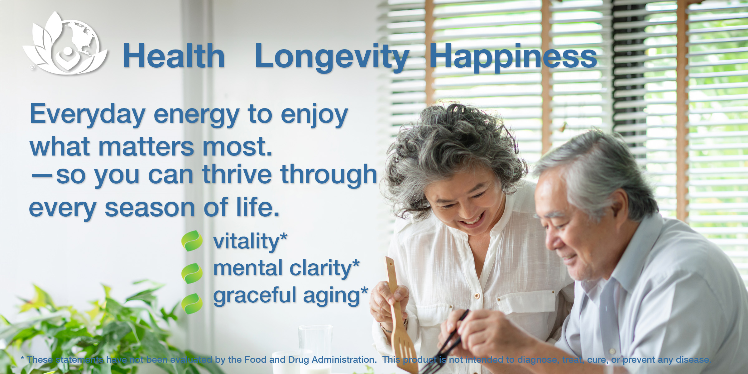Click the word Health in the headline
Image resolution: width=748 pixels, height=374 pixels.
[174, 56]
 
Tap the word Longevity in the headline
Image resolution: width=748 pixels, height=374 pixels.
[332, 58]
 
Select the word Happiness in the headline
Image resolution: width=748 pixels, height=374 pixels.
[513, 58]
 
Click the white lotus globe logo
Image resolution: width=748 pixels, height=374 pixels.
[65, 44]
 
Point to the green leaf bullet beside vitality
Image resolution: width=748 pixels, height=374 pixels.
[192, 241]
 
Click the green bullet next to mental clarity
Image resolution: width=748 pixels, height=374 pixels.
[192, 273]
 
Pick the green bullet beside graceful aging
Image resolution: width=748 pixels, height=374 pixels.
[192, 303]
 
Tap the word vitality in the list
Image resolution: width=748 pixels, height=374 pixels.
[246, 242]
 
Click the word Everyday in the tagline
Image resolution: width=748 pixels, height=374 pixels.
[88, 115]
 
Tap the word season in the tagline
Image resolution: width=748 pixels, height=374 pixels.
[150, 208]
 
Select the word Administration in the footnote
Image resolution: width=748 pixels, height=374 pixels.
[344, 360]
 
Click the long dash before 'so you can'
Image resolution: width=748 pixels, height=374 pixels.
[42, 176]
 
